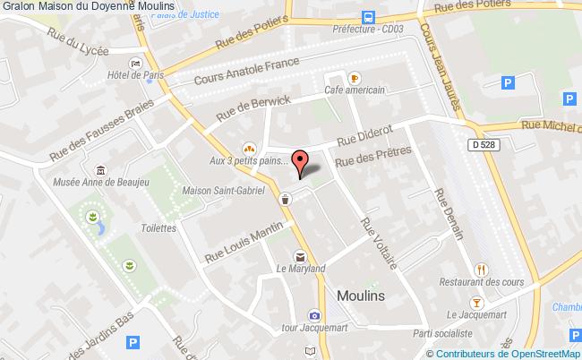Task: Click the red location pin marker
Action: point(301,162)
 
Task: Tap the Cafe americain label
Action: point(355,90)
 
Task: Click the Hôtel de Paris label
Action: point(133,76)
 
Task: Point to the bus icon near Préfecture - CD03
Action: point(368,17)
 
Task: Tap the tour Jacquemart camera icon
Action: point(313,315)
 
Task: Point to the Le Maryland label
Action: point(301,269)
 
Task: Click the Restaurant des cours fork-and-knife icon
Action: point(482,268)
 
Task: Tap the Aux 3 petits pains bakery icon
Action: point(248,149)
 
